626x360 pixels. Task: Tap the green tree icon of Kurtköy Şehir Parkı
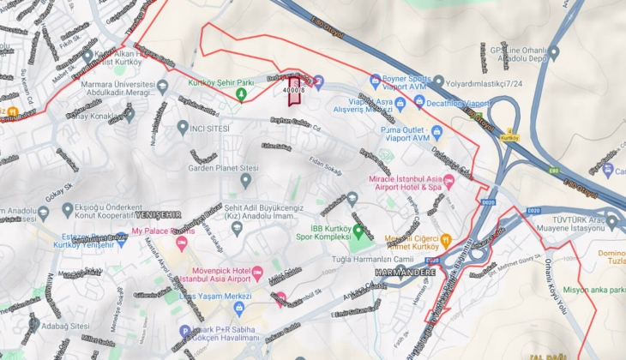click(x=242, y=94)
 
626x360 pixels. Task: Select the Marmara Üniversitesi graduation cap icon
click(x=163, y=86)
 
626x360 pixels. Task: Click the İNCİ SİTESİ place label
click(x=207, y=128)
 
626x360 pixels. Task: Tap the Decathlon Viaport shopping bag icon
click(x=419, y=101)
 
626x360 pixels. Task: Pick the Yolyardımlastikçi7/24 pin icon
click(x=438, y=82)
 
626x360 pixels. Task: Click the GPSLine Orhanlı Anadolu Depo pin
click(x=553, y=52)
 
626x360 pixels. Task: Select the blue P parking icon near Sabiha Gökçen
click(x=184, y=331)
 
